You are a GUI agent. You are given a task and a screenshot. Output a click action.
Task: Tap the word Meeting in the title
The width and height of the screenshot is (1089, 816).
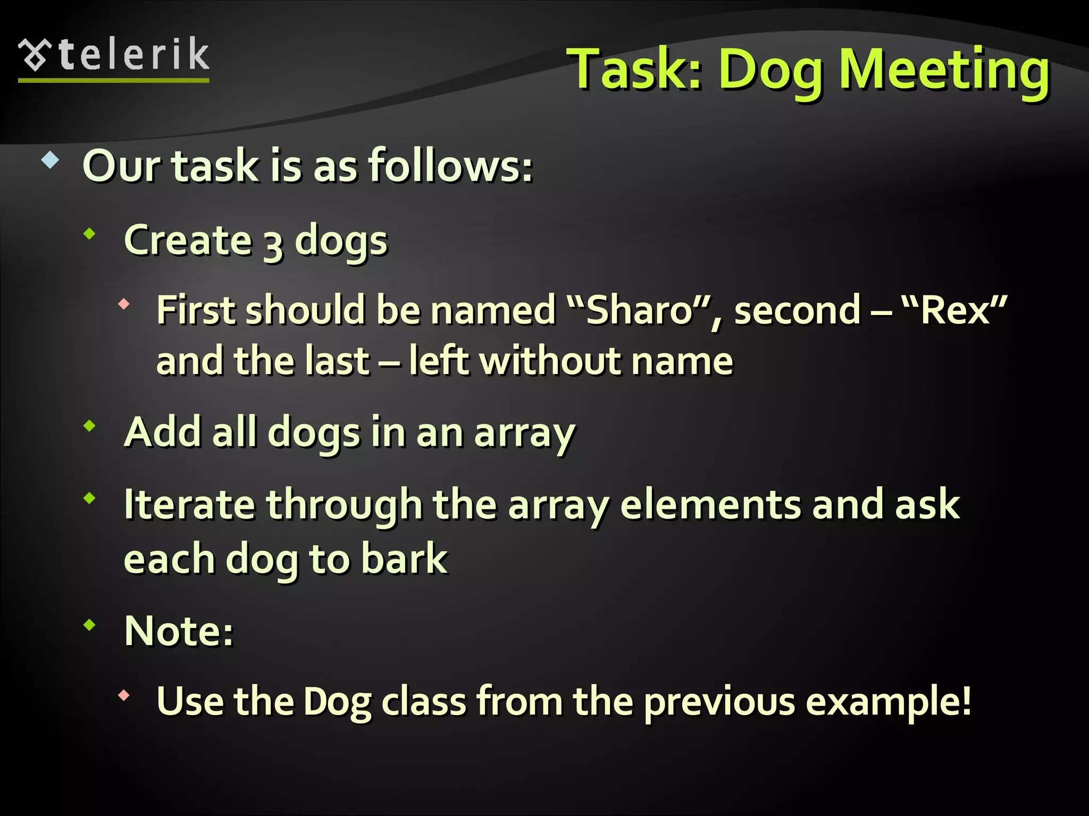coord(944,70)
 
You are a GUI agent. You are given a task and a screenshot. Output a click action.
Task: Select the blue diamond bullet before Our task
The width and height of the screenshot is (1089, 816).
coord(50,160)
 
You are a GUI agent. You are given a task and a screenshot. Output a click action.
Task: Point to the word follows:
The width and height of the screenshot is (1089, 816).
coord(450,166)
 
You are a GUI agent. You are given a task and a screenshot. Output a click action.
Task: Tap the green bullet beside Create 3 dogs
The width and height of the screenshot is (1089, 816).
coord(90,233)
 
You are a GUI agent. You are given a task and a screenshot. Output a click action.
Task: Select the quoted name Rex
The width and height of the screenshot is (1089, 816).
coord(955,310)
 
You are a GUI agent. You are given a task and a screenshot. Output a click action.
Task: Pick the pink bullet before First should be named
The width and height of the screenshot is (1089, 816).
coord(124,304)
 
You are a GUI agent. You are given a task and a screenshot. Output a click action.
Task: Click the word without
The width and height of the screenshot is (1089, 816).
coord(550,361)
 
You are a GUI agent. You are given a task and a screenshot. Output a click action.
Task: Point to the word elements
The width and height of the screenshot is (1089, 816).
coord(710,504)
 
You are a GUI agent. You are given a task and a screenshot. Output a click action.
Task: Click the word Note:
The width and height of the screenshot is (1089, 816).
coord(179,631)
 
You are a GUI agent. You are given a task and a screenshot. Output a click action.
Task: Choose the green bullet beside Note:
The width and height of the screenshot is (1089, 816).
coord(90,625)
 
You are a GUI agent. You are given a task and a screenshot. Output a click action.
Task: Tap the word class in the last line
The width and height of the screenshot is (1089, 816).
coord(424,702)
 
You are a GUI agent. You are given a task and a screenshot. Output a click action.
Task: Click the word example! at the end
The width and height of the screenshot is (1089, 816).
coord(889,702)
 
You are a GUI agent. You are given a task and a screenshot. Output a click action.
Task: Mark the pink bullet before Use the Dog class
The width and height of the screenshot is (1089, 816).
coord(124,695)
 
